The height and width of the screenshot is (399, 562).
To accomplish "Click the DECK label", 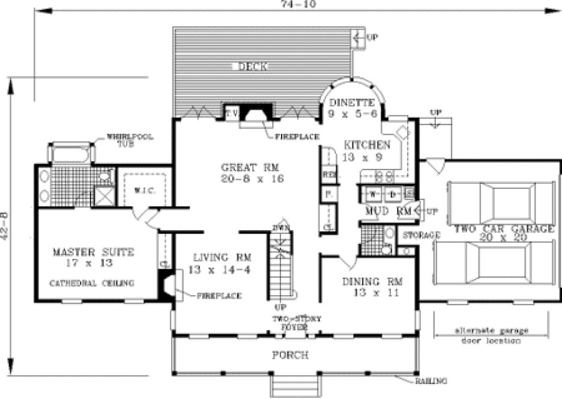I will (x=252, y=66).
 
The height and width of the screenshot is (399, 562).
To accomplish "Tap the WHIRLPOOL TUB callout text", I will (x=130, y=140).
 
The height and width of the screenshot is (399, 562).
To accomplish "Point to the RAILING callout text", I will (x=431, y=380).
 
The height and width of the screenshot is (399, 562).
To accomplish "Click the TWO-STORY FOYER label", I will (x=291, y=323).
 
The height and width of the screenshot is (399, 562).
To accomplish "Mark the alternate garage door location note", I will (x=491, y=335).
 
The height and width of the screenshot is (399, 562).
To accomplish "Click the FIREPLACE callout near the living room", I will (x=219, y=296).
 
